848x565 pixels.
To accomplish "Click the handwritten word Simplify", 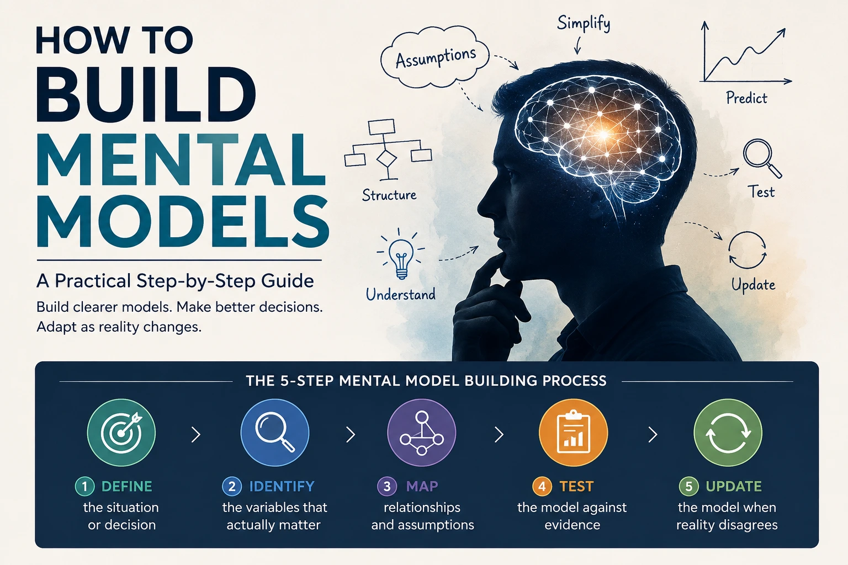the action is coord(584,24).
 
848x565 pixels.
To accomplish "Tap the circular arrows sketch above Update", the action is coord(748,250).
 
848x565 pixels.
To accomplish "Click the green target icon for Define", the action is coord(121,433).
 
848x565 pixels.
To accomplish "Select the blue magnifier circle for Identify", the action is coord(275,433).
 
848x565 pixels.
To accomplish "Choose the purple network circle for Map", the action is coord(422,433).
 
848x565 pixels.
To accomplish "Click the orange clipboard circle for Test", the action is coord(573,433).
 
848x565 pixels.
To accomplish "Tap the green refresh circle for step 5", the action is coord(728,433).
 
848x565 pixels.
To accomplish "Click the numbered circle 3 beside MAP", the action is coord(387,486).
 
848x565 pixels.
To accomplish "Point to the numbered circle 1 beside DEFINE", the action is coord(85,486).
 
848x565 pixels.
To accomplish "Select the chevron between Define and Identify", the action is coord(196,435).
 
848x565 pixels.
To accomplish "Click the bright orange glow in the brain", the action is coord(603,134).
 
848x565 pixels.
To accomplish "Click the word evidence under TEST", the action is coord(572,525).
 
